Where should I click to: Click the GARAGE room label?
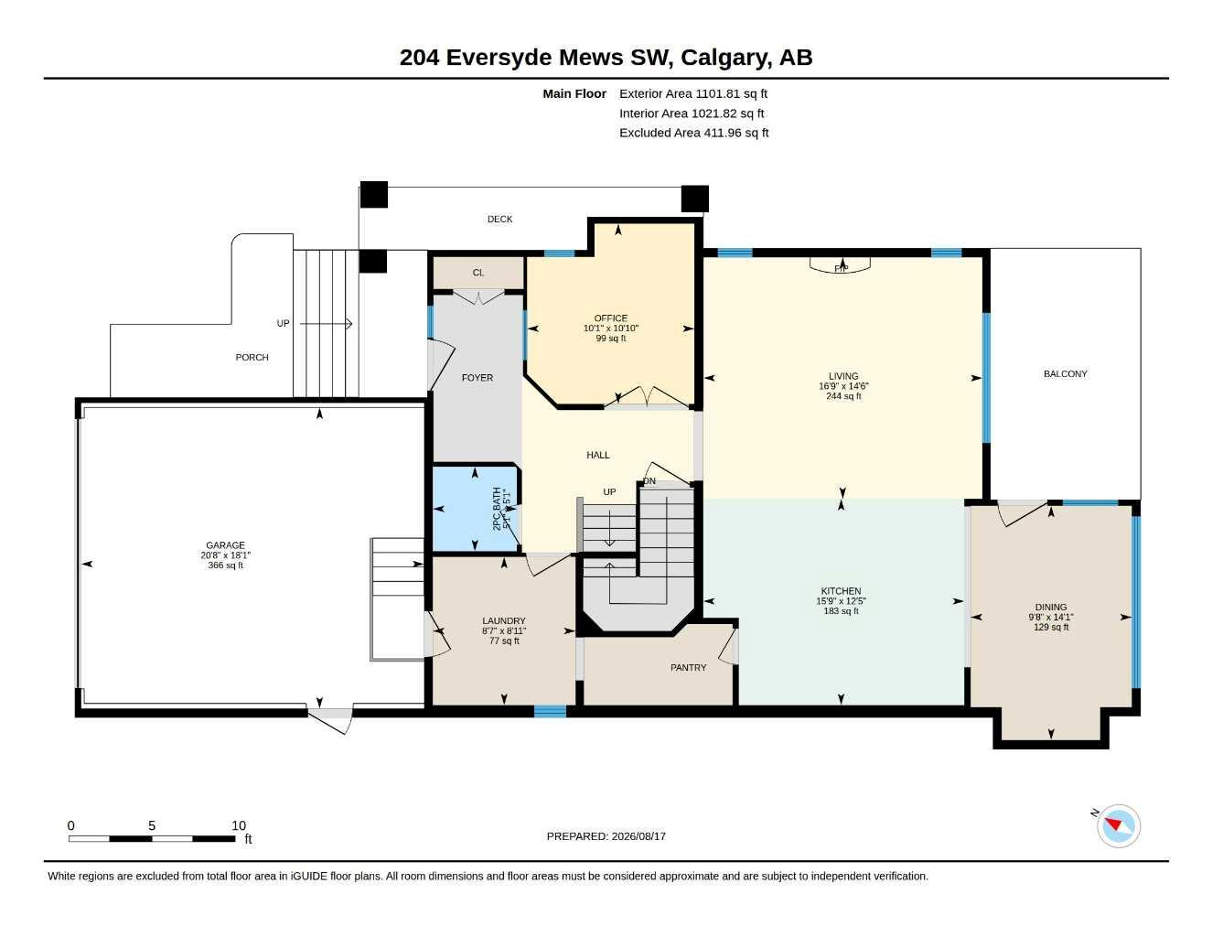click(x=225, y=545)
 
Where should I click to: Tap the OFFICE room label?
click(x=611, y=318)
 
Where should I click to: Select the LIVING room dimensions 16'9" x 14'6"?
click(x=843, y=386)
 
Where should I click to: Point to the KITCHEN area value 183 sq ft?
click(x=842, y=610)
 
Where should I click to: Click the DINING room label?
click(x=1051, y=607)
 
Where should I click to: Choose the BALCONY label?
click(x=1066, y=373)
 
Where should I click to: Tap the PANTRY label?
click(x=688, y=668)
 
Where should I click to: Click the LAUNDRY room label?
click(x=504, y=620)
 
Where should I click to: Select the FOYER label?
click(x=477, y=378)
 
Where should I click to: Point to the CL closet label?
click(x=478, y=273)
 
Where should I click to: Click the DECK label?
click(x=499, y=220)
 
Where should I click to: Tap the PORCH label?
click(x=252, y=357)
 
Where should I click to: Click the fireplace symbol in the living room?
click(x=840, y=266)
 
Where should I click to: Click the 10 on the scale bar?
click(x=239, y=825)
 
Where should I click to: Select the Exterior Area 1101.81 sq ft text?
click(x=693, y=93)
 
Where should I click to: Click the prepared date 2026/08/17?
click(x=638, y=836)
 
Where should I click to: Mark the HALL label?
click(x=598, y=455)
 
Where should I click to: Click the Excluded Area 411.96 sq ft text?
click(x=694, y=133)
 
